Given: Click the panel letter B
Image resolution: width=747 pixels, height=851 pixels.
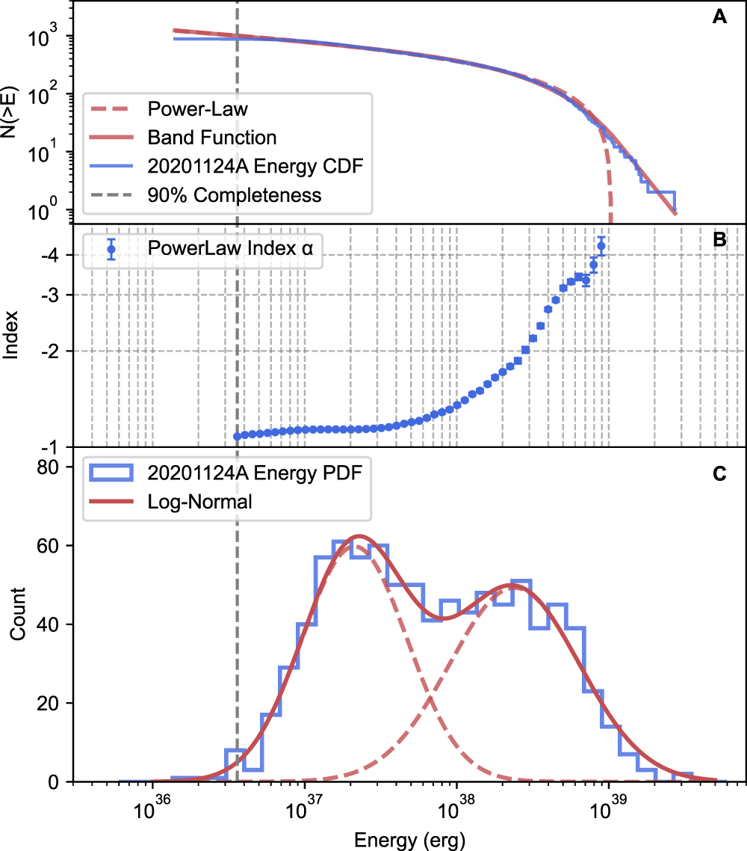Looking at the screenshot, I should click(x=719, y=241).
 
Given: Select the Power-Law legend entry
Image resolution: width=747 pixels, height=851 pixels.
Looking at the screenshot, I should click(x=198, y=110).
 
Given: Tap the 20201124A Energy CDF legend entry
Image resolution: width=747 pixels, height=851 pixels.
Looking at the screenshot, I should click(x=255, y=167).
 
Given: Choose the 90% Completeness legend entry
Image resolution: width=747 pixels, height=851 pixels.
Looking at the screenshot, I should click(x=234, y=195).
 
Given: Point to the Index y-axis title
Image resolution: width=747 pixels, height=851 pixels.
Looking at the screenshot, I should click(x=13, y=336).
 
